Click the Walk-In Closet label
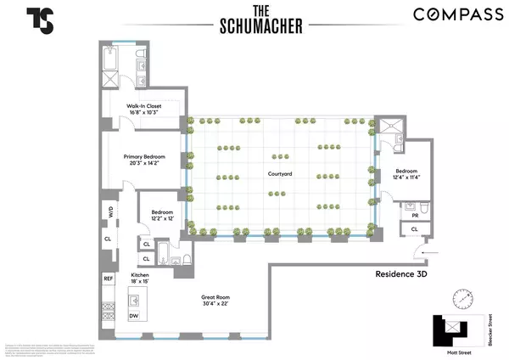144,105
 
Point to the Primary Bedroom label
144,157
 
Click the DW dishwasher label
134,316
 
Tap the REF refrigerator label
108,278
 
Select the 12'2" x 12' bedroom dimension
161,218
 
